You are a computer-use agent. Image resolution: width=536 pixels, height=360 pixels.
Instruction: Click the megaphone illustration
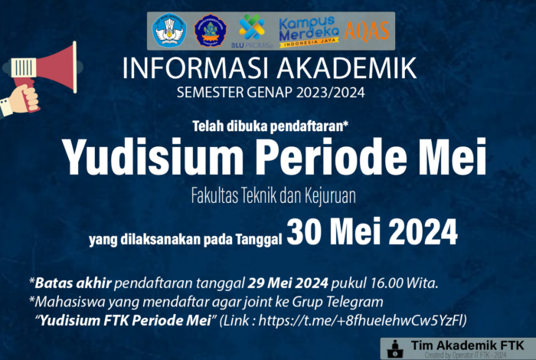42,77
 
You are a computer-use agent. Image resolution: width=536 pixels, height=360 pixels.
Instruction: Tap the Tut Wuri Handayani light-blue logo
169,31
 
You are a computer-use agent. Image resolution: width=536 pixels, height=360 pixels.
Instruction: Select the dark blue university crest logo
210,31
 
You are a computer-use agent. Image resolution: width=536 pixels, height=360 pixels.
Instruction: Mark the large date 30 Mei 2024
371,229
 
